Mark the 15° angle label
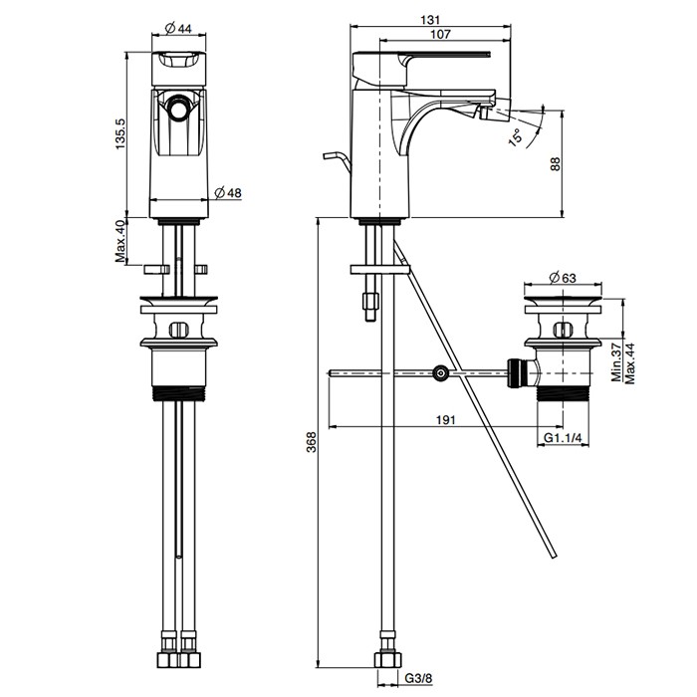(515, 135)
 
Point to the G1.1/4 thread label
(564, 437)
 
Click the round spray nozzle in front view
(180, 109)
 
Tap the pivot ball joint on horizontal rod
(440, 373)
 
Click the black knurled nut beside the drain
(517, 372)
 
